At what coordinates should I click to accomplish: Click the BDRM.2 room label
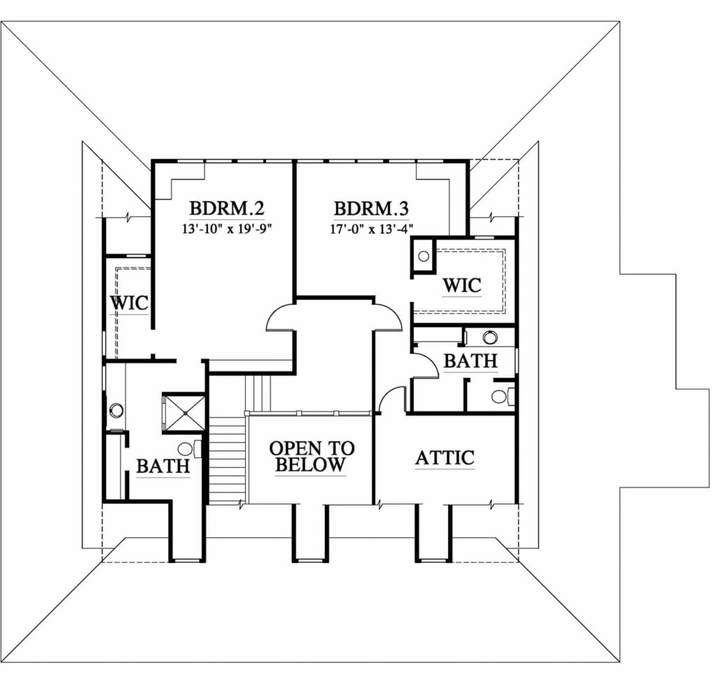coord(227,208)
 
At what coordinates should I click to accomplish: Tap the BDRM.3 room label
coord(371,208)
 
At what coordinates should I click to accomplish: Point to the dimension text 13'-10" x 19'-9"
coord(228,228)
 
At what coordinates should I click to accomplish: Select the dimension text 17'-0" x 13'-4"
coord(372,228)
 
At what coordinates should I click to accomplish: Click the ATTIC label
coord(445,458)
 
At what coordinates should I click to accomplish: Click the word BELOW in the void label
coord(310,465)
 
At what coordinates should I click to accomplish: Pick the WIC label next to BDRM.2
coord(130,303)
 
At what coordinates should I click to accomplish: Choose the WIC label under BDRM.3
coord(462,286)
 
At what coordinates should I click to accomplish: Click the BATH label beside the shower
coord(163,466)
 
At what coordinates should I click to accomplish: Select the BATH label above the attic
coord(471,361)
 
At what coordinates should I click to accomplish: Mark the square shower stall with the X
coord(184,413)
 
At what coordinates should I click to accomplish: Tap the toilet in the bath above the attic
coord(503,396)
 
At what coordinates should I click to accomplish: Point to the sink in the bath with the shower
coord(116,410)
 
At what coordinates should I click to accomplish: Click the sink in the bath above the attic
coord(489,338)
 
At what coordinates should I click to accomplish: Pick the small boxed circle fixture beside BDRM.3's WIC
coord(424,256)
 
